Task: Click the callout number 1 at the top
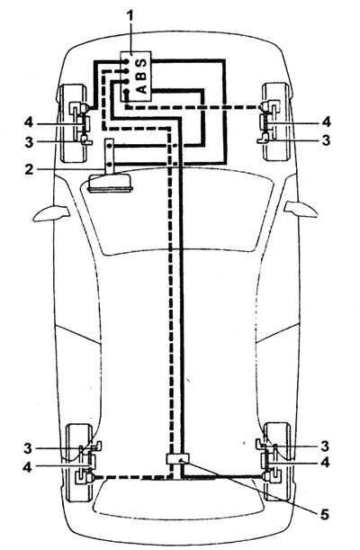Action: pyautogui.click(x=130, y=16)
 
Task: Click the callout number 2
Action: pyautogui.click(x=29, y=169)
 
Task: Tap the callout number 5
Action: pyautogui.click(x=324, y=515)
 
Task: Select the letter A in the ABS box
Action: pyautogui.click(x=141, y=89)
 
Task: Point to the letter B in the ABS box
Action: pyautogui.click(x=141, y=76)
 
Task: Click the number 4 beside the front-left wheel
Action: pyautogui.click(x=29, y=122)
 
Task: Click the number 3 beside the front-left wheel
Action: pyautogui.click(x=29, y=142)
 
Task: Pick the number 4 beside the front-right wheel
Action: pyautogui.click(x=326, y=122)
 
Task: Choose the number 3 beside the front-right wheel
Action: pyautogui.click(x=326, y=140)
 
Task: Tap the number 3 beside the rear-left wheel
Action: pyautogui.click(x=28, y=448)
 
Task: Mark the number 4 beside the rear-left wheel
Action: pyautogui.click(x=27, y=467)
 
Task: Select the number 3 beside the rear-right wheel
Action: pyautogui.click(x=325, y=446)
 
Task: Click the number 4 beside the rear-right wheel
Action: pyautogui.click(x=325, y=463)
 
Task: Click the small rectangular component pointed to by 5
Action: pyautogui.click(x=177, y=458)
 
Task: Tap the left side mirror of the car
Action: pyautogui.click(x=50, y=213)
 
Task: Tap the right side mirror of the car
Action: pyautogui.click(x=301, y=209)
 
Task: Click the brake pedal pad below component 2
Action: pyautogui.click(x=111, y=184)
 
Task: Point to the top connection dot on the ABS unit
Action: pyautogui.click(x=126, y=62)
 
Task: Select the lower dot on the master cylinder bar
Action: pyautogui.click(x=110, y=164)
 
